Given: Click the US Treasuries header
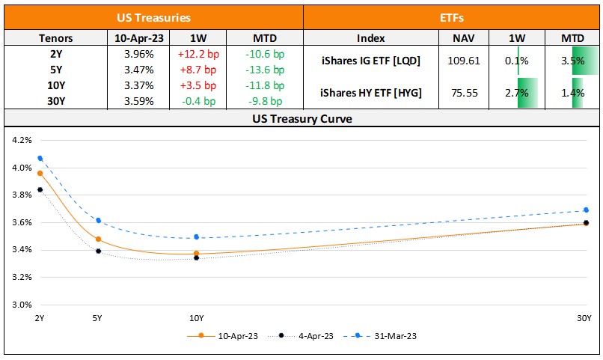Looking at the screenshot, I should tap(153, 16).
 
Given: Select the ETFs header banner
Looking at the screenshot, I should tap(452, 16).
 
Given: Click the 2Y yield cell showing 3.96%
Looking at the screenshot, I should tap(138, 53).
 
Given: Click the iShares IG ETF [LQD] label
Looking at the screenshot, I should tap(370, 61).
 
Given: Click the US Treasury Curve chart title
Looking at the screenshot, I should tap(301, 119).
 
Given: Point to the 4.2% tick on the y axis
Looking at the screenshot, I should tap(22, 140).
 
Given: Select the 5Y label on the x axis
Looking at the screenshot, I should tap(97, 318).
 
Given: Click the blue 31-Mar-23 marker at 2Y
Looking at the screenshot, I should tap(40, 158).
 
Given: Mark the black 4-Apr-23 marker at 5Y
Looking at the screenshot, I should tap(98, 251).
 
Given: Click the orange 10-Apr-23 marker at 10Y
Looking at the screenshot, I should tap(196, 254).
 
